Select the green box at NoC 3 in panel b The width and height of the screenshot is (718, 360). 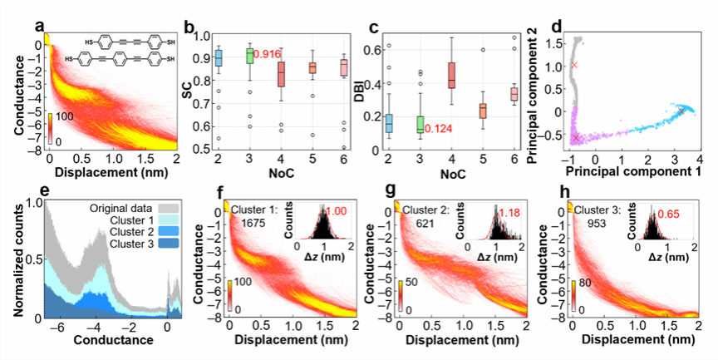pyautogui.click(x=248, y=56)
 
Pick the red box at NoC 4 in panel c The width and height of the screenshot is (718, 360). pyautogui.click(x=451, y=75)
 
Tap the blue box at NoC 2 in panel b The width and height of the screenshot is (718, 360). pyautogui.click(x=219, y=58)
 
